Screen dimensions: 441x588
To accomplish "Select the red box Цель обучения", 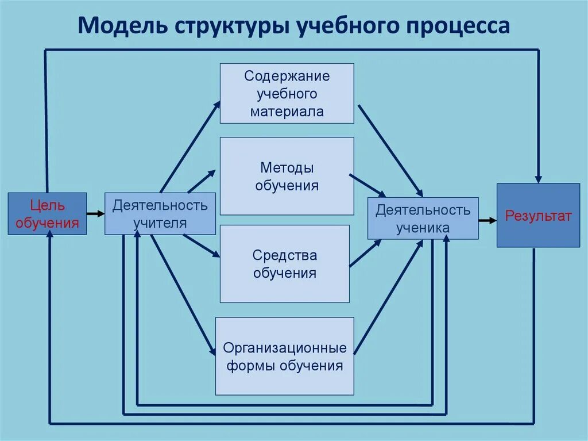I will click(47, 214).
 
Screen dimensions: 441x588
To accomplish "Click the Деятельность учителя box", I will click(160, 214).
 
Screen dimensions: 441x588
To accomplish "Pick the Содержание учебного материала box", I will click(287, 93).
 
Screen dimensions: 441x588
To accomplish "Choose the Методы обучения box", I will click(287, 176).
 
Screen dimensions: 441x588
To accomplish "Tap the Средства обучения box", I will click(284, 263).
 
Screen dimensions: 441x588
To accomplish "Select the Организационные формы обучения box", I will click(284, 356).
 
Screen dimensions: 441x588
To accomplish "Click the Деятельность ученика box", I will click(423, 218).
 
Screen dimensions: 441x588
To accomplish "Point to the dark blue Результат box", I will click(538, 216).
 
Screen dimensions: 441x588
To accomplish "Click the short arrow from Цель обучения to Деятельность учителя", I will click(95, 214).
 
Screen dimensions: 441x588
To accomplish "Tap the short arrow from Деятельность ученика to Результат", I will click(488, 220).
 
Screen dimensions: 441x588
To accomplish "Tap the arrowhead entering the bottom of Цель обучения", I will click(50, 241).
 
